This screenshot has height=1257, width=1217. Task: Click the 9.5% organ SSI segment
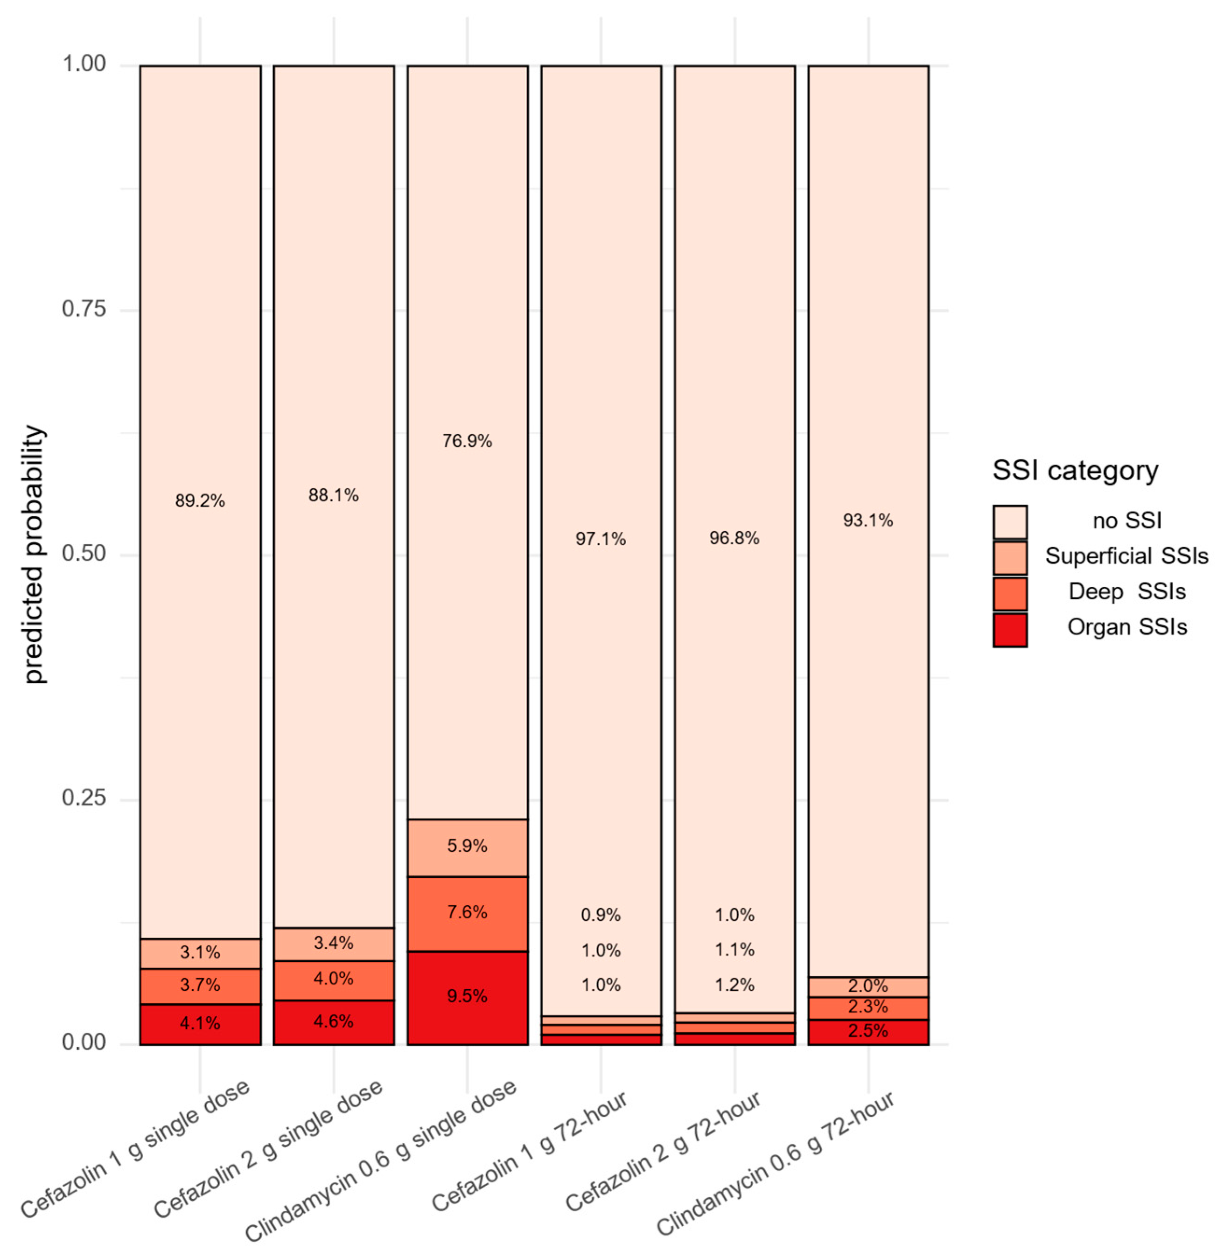[467, 996]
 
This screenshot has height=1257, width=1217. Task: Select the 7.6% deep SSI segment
[467, 912]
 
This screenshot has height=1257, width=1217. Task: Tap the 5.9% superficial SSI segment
[467, 846]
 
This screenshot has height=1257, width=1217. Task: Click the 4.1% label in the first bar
[200, 1023]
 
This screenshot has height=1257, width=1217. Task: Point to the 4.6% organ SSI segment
[334, 1021]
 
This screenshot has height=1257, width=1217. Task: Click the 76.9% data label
[467, 441]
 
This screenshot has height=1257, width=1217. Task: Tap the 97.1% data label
[601, 539]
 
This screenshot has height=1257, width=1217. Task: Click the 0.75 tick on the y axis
[84, 309]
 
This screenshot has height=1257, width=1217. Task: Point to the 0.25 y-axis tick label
[84, 799]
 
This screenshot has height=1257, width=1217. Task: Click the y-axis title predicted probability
[35, 555]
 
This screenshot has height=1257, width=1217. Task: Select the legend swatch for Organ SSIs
[1009, 630]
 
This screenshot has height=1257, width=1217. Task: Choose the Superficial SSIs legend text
[1126, 556]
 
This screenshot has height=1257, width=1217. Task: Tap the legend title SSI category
[1075, 471]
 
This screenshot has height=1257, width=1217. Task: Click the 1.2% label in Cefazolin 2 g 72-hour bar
[734, 985]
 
